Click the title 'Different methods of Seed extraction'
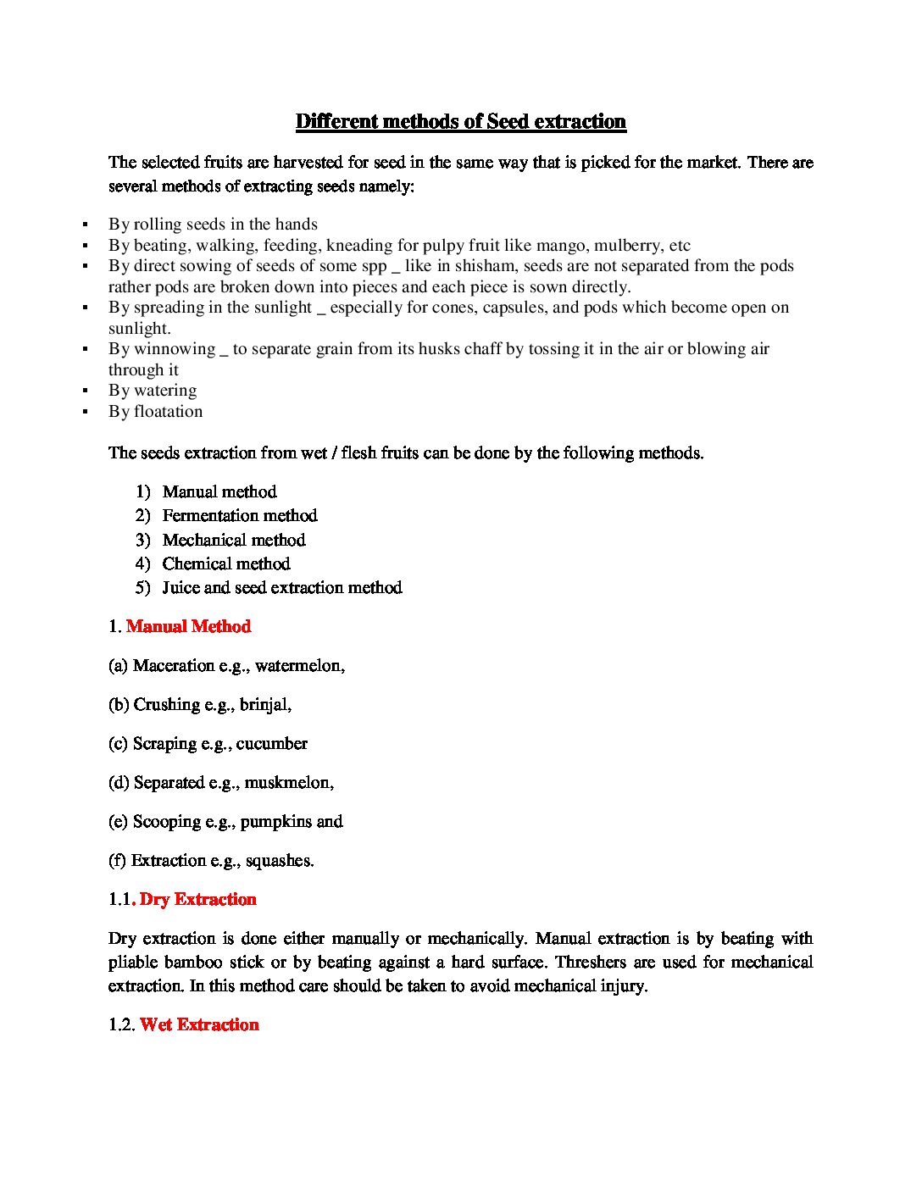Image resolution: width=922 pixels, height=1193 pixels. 460,121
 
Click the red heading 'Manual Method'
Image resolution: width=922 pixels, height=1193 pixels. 188,626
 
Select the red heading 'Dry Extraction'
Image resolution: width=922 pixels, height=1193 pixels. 198,899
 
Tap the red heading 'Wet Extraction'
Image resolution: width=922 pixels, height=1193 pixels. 199,1024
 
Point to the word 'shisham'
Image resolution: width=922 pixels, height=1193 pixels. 485,265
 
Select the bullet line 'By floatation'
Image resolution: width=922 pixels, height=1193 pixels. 155,411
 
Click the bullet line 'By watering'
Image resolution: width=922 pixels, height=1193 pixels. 153,390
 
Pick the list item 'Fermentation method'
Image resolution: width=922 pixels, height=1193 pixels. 240,515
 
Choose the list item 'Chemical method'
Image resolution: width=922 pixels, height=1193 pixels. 226,563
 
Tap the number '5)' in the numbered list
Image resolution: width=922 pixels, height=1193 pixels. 142,587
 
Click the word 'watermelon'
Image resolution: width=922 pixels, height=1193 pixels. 298,665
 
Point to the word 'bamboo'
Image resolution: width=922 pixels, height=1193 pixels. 193,962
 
